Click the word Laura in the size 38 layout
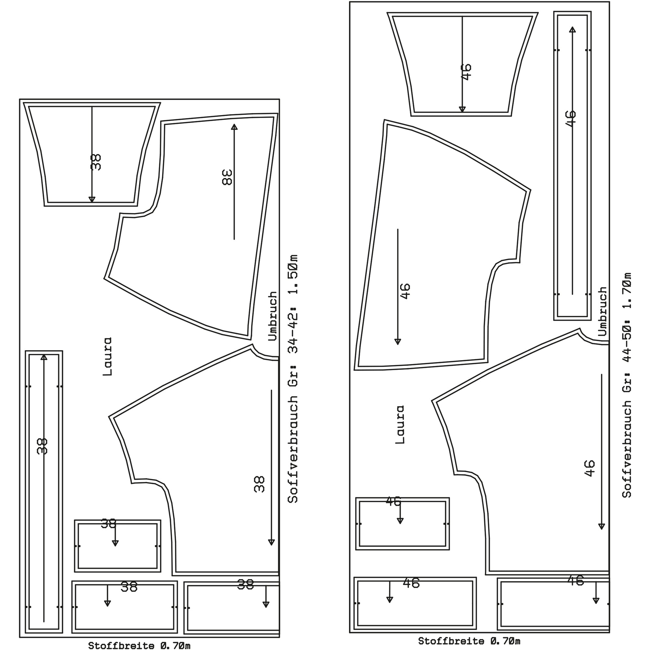pos(107,357)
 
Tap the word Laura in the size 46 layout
pos(400,424)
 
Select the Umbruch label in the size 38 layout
pos(273,316)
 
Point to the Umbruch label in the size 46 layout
pos(603,311)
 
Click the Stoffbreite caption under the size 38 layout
pos(139,646)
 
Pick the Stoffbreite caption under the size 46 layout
pos(469,641)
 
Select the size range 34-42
pos(293,332)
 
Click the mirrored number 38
pos(227,177)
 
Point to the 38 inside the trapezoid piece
pos(96,162)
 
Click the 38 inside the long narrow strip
pos(42,447)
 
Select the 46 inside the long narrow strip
pos(571,118)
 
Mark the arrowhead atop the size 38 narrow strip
pos(44,357)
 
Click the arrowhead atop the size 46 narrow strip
pos(572,30)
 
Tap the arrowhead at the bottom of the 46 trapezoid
pos(462,109)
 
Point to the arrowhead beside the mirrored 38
pos(234,126)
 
